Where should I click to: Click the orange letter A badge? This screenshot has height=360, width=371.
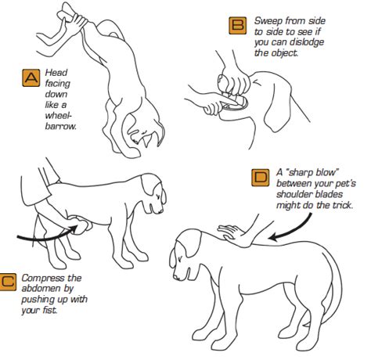click(31, 77)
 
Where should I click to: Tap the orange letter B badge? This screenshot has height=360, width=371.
click(238, 26)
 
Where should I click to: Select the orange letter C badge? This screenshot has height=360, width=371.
click(8, 282)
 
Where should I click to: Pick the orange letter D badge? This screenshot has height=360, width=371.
click(261, 178)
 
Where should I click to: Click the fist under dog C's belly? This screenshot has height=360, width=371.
click(81, 225)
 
